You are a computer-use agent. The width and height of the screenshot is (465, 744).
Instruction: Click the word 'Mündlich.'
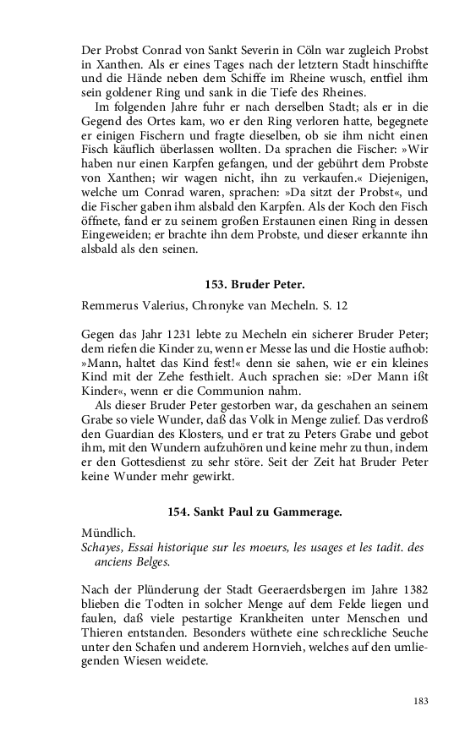[109, 533]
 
